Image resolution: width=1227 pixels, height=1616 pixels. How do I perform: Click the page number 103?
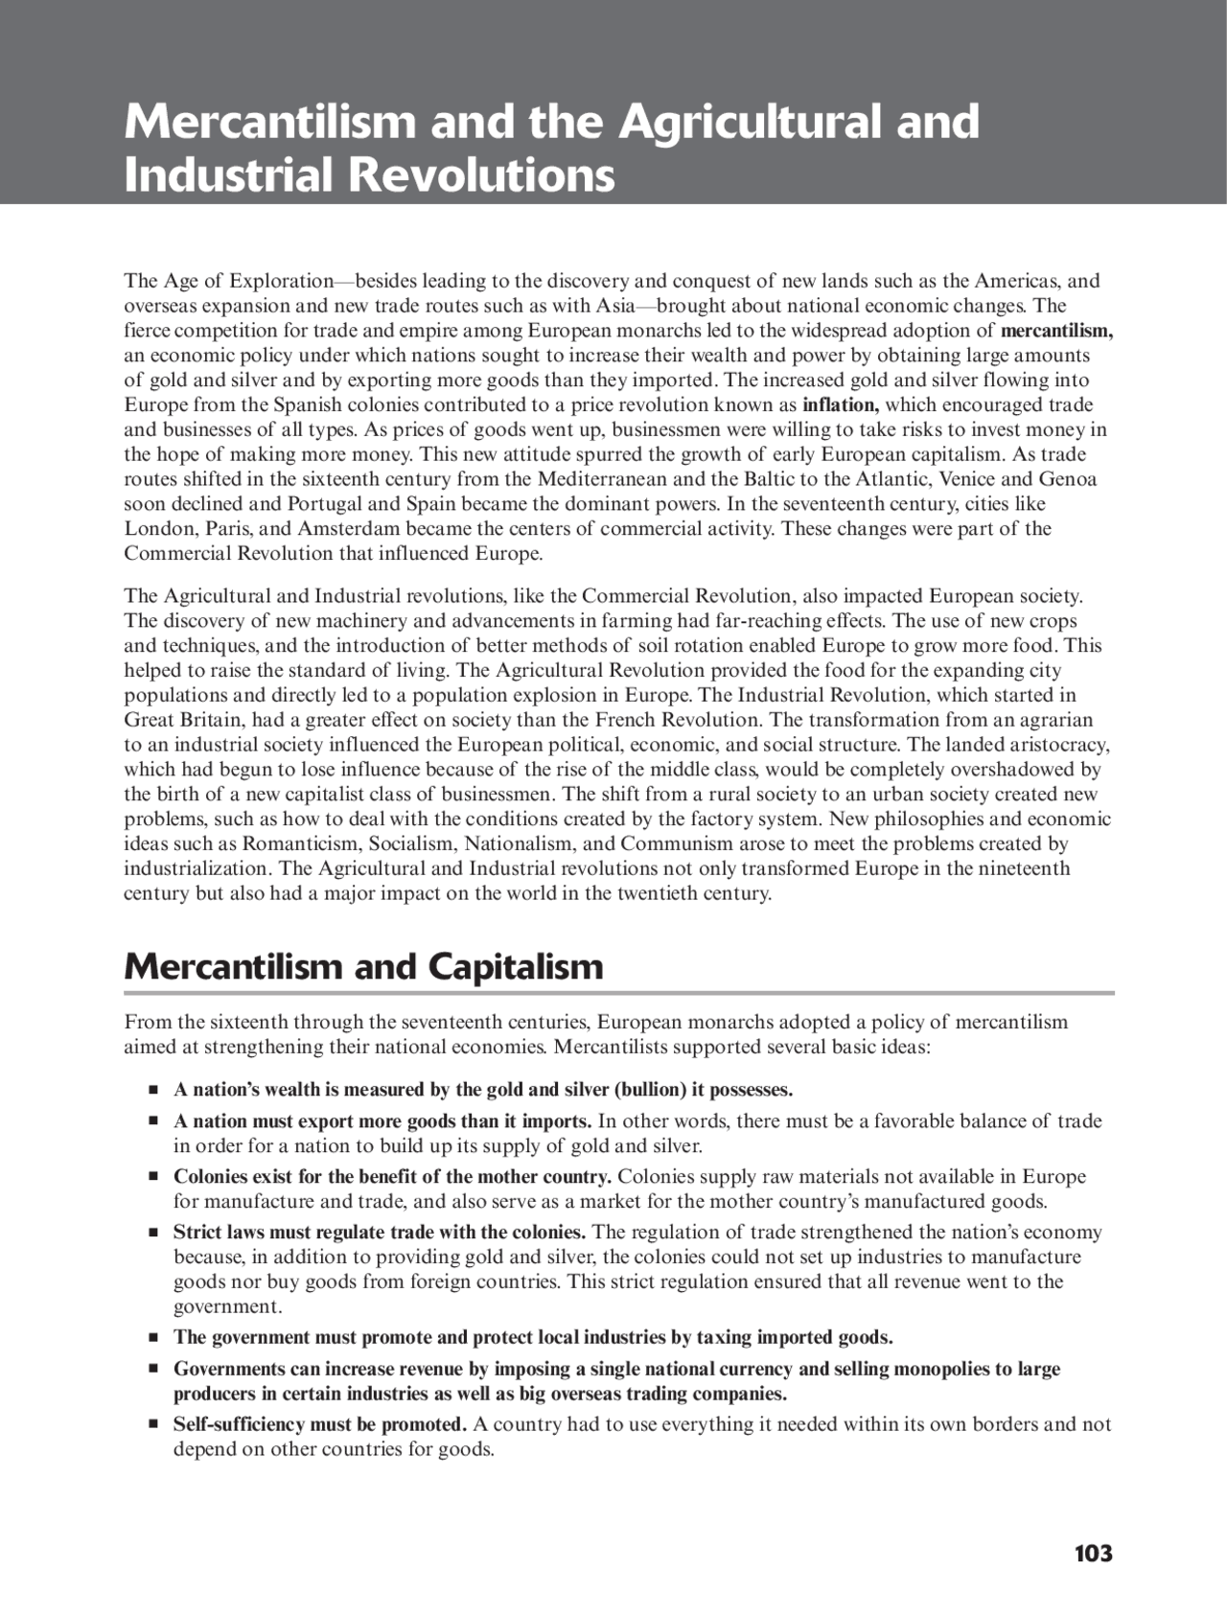pyautogui.click(x=1093, y=1554)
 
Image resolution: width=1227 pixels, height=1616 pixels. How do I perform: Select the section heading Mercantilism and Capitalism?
pyautogui.click(x=363, y=966)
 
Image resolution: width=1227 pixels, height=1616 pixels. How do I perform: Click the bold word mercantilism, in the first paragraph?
pyautogui.click(x=1056, y=331)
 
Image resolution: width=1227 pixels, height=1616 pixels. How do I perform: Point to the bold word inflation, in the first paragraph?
pyautogui.click(x=840, y=404)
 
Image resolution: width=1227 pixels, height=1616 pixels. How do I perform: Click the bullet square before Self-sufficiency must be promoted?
pyautogui.click(x=151, y=1424)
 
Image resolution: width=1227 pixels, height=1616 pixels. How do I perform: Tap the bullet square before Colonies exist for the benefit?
pyautogui.click(x=151, y=1177)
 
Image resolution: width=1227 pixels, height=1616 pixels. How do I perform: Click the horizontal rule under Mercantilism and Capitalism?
pyautogui.click(x=618, y=993)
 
